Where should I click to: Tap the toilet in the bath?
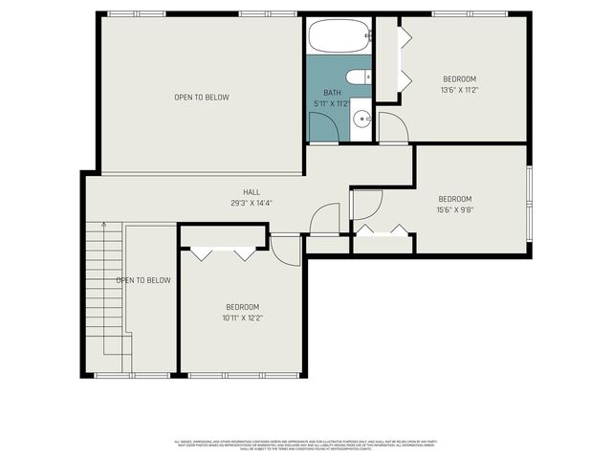pos(358,77)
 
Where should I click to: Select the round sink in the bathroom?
pos(362,120)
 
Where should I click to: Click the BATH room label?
pos(332,93)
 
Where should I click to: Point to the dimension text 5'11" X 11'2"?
pos(332,103)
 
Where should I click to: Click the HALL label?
pos(251,191)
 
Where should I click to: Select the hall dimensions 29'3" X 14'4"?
pos(251,202)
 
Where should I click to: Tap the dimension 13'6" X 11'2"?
pos(459,89)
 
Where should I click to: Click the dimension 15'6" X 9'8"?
pos(454,209)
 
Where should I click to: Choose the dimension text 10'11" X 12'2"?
pos(242,317)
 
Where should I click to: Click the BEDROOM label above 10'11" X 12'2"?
pos(242,307)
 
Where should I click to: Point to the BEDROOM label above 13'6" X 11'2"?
pos(459,78)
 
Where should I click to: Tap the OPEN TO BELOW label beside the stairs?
pos(143,280)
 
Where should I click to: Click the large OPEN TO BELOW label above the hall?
pos(201,97)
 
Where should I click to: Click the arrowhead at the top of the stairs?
pos(102,227)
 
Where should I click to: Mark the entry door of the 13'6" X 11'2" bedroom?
pos(391,127)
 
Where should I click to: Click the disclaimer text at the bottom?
pos(306,445)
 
